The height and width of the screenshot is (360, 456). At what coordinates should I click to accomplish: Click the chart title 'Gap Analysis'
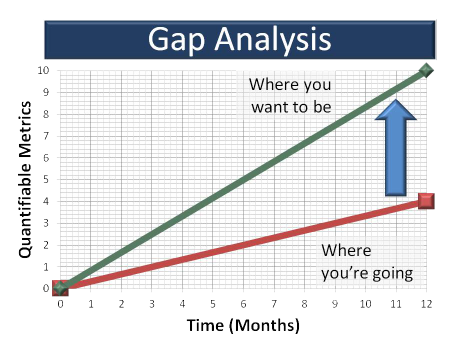click(x=239, y=39)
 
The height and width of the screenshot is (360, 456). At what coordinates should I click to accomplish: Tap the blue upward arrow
click(x=395, y=147)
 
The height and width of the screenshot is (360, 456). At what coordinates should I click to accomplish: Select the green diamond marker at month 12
click(x=426, y=70)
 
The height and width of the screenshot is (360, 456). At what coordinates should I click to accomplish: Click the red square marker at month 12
click(x=426, y=201)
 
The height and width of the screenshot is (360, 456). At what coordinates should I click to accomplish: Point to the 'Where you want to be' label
click(x=290, y=95)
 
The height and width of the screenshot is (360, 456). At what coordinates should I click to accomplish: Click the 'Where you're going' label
click(x=366, y=261)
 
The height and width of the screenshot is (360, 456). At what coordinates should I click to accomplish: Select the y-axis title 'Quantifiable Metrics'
click(x=25, y=179)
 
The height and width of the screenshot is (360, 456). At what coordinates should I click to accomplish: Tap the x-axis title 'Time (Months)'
click(x=243, y=325)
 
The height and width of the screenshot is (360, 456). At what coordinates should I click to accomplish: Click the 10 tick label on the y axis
click(x=43, y=70)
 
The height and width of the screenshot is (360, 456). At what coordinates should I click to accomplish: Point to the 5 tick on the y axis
click(x=46, y=179)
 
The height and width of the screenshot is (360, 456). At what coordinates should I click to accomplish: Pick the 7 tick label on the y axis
click(x=46, y=136)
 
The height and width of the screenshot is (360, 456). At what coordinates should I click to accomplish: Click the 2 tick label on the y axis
click(x=46, y=245)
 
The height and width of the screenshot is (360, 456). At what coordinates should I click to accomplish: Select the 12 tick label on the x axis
click(x=426, y=304)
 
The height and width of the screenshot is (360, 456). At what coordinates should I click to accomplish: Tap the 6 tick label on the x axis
click(x=243, y=304)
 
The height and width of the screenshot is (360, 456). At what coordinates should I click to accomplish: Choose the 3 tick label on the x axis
click(x=152, y=304)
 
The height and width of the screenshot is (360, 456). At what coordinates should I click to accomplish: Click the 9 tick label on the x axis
click(x=335, y=304)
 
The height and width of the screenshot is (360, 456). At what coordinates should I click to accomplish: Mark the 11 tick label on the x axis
click(x=396, y=304)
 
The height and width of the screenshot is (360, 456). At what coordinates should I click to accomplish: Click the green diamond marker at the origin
click(x=60, y=288)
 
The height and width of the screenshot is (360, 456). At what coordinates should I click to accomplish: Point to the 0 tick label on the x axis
click(x=60, y=304)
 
